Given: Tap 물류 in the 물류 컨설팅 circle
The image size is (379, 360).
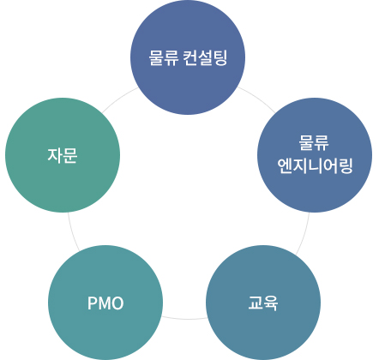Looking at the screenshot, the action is (163, 58).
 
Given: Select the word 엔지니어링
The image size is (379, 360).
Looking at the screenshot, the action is (315, 165).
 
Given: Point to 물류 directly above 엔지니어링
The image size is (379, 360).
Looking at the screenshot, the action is (314, 142).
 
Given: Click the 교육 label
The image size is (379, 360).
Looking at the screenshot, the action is (263, 303).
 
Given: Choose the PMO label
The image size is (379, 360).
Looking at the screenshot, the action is (105, 303).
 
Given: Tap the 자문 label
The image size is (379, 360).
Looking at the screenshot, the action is (63, 155).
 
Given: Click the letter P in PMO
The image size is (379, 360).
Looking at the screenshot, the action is (93, 303).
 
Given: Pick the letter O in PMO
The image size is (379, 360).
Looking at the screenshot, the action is (117, 303).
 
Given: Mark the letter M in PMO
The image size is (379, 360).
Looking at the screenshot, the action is (105, 303).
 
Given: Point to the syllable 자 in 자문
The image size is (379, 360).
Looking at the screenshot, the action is (55, 155).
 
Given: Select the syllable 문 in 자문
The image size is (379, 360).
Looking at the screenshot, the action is (70, 155).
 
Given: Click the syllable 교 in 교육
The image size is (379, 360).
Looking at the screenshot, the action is (256, 303).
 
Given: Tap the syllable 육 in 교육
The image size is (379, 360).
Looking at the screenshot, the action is (271, 303).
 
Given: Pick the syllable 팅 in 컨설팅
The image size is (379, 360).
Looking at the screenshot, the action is (220, 58).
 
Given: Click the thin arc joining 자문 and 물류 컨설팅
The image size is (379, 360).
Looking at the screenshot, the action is (119, 98).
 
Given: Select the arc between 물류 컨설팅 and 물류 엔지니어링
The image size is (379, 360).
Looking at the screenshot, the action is (257, 98).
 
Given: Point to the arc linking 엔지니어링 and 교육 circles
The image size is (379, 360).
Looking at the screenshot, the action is (304, 234).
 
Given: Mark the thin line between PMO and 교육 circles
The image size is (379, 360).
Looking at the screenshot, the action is (184, 319).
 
